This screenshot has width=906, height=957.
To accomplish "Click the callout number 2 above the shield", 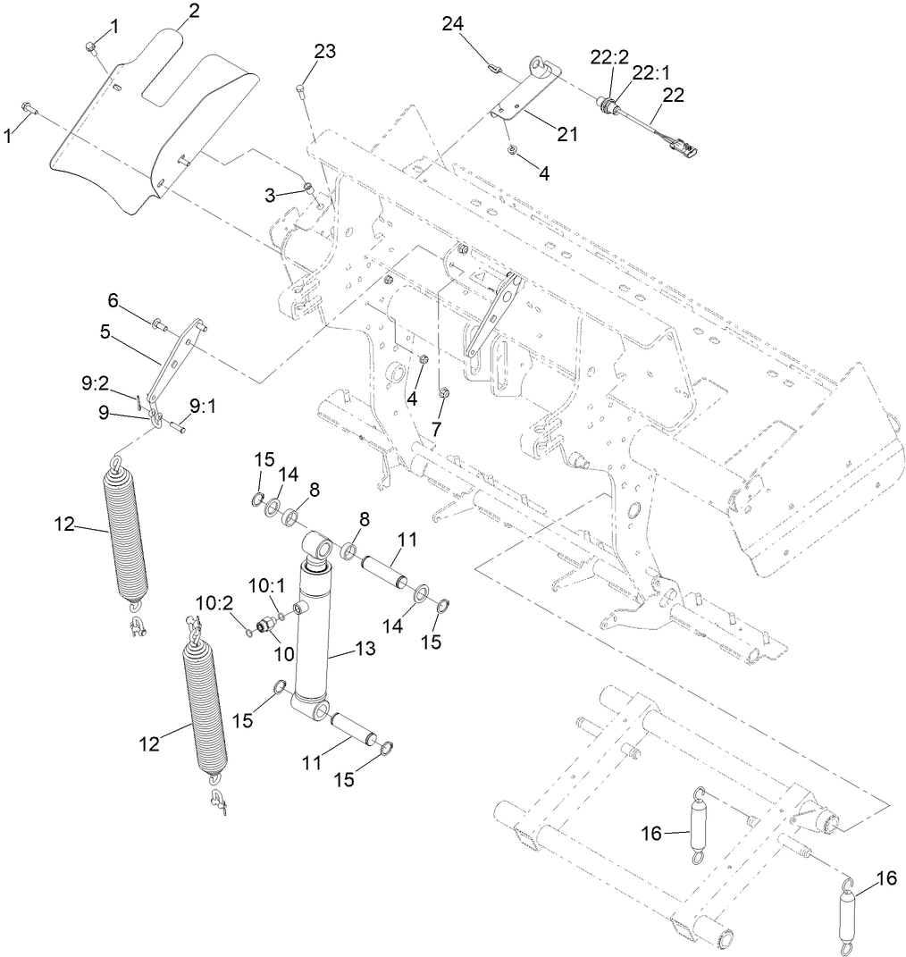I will pos(194,12).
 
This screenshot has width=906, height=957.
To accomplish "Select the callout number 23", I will pos(324,52).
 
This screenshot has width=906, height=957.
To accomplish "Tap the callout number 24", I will pos(453,24).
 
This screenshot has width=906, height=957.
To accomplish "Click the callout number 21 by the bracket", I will pos(566,134).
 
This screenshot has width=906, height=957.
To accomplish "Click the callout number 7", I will pos(435,429).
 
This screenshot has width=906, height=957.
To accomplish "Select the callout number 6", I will pos(113,298).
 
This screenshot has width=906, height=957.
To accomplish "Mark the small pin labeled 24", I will pos(491,64).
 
